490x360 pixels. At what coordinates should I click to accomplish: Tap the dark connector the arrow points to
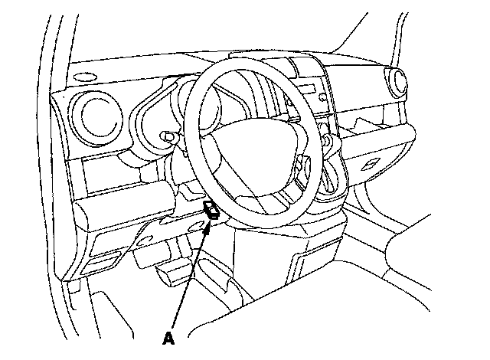click(212, 211)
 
